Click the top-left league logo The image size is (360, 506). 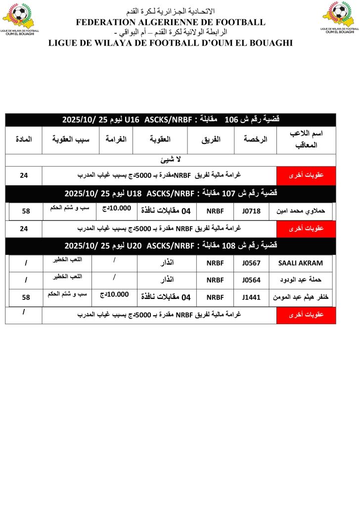click(18, 18)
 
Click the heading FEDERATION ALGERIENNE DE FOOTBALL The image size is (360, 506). click(171, 22)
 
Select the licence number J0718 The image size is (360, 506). click(251, 211)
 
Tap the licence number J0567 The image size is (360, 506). click(251, 263)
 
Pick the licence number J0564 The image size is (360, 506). click(251, 280)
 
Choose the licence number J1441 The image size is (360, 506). click(251, 297)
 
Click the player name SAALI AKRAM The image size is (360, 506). click(301, 263)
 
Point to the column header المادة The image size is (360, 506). click(23, 140)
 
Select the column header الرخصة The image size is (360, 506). click(256, 140)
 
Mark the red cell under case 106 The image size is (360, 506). click(306, 175)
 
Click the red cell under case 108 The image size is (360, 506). click(306, 315)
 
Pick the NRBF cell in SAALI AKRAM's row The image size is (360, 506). click(216, 263)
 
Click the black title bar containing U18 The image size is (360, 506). click(171, 193)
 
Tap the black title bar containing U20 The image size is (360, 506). click(171, 245)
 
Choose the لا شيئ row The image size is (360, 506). click(171, 160)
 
